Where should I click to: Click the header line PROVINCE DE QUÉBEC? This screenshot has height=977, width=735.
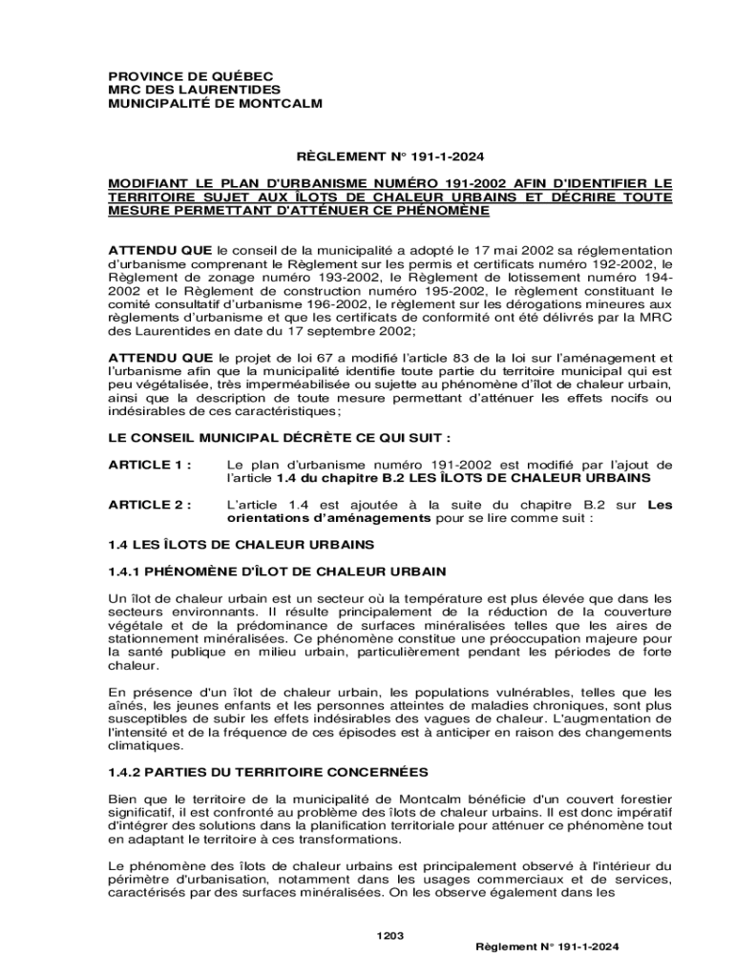177,75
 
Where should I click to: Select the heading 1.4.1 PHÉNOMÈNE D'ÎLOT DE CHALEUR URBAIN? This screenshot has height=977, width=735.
276,572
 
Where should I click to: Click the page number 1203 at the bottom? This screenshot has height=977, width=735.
390,935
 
